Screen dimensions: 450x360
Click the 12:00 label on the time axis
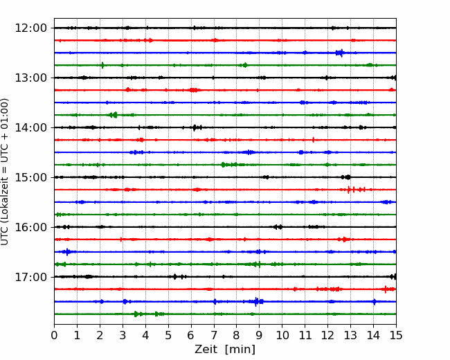(x=30, y=28)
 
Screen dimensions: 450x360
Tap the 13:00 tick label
(x=30, y=78)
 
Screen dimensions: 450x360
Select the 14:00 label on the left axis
(x=30, y=127)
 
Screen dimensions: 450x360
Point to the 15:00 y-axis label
(x=30, y=177)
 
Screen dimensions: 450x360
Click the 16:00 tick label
(x=30, y=227)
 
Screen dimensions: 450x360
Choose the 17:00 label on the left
(x=30, y=277)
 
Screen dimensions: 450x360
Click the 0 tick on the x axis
(x=54, y=335)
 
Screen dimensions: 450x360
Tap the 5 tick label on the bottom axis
(x=168, y=335)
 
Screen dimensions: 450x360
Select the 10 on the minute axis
(x=282, y=335)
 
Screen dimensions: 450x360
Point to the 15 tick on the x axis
(x=396, y=335)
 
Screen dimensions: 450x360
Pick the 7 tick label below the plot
(x=214, y=335)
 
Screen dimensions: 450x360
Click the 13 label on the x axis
(x=350, y=335)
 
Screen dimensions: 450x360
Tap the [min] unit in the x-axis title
(x=240, y=350)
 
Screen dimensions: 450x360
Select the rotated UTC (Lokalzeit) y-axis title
(x=5, y=172)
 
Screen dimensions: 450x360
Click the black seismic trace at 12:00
(x=225, y=28)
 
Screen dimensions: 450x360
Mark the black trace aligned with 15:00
(x=225, y=177)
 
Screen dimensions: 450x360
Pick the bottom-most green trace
(x=225, y=314)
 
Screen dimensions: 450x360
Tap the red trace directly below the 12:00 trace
(x=225, y=40)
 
